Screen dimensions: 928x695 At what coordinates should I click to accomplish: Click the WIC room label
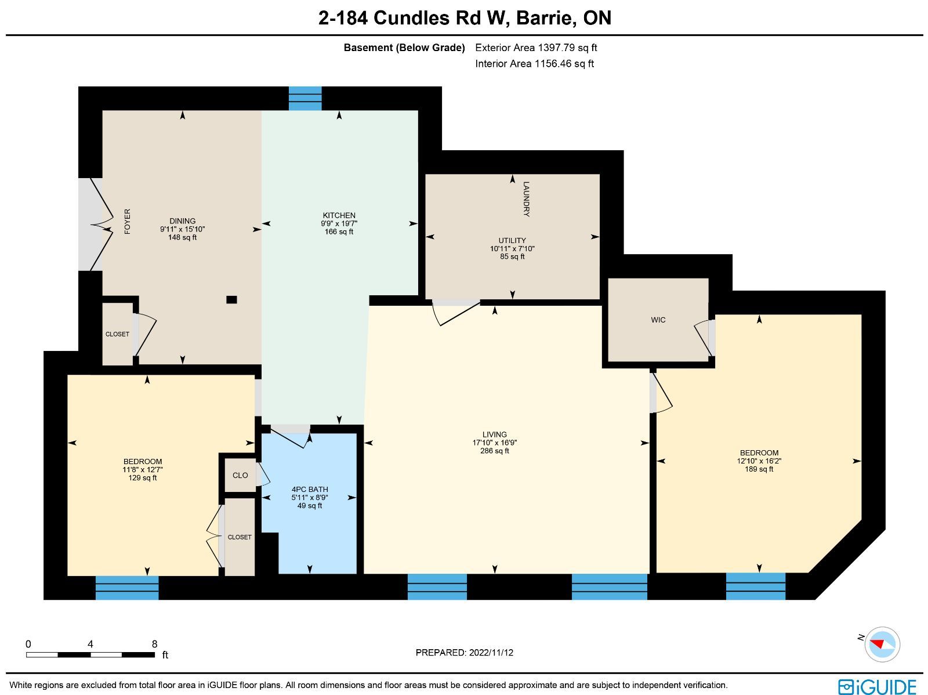[658, 320]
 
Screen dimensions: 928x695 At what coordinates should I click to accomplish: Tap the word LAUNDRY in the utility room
[527, 199]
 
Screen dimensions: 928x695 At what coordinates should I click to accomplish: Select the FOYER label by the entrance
[127, 222]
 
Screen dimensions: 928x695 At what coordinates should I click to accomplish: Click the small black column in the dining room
[231, 300]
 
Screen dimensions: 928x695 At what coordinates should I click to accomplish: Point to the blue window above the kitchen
[305, 99]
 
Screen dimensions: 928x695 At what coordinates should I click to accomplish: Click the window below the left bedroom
[127, 588]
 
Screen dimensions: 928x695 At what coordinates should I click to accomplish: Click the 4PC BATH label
[310, 490]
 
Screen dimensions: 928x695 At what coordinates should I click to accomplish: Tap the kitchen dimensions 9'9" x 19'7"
[339, 223]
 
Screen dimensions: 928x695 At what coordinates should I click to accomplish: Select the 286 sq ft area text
[495, 451]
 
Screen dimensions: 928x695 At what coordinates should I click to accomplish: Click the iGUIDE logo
[878, 686]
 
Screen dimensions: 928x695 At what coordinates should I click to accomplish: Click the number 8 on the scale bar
[155, 644]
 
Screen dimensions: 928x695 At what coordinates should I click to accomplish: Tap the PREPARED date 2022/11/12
[491, 652]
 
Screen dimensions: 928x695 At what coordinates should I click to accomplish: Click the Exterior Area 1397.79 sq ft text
[536, 48]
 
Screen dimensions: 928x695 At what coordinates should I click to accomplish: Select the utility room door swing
[456, 313]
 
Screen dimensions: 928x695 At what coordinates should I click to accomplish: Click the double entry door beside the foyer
[96, 225]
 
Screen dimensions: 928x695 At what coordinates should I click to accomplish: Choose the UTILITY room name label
[512, 241]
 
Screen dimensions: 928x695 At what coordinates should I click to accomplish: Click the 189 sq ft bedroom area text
[759, 469]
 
